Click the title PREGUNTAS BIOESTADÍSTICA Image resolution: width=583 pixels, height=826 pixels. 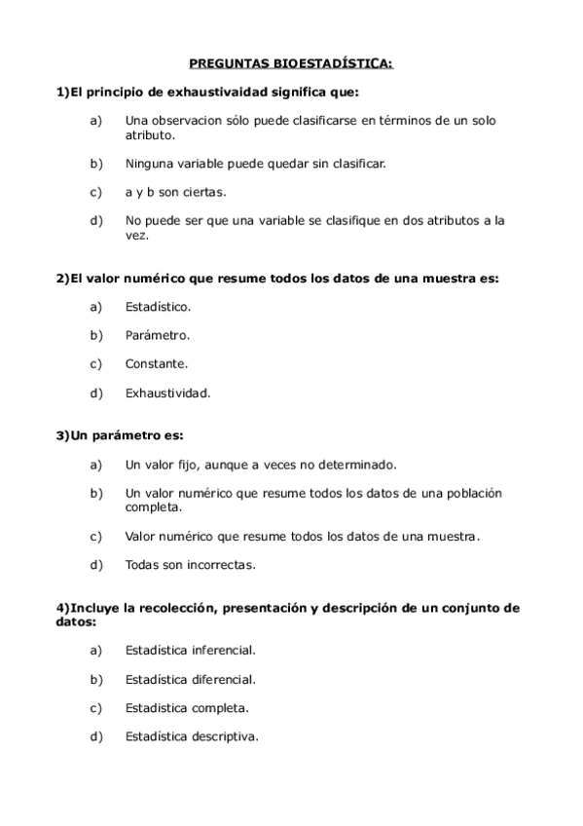click(x=291, y=64)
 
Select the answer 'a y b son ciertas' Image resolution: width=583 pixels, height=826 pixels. click(x=175, y=192)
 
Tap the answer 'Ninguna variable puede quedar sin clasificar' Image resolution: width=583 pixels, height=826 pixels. click(x=255, y=163)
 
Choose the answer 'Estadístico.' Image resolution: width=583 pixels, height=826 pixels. click(x=158, y=307)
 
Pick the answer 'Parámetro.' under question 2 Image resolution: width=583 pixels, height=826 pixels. click(x=157, y=335)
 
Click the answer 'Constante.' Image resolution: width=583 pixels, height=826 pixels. click(x=156, y=364)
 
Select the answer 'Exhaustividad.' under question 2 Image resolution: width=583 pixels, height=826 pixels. click(x=167, y=393)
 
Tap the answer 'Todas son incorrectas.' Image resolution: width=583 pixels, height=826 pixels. click(x=190, y=564)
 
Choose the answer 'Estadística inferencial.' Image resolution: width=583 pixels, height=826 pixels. click(x=190, y=650)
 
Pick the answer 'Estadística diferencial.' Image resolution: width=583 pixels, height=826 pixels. click(x=190, y=678)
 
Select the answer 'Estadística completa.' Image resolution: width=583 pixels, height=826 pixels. click(x=187, y=707)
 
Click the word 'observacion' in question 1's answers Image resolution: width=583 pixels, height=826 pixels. click(x=189, y=121)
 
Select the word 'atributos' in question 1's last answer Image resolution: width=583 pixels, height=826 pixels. click(x=435, y=220)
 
